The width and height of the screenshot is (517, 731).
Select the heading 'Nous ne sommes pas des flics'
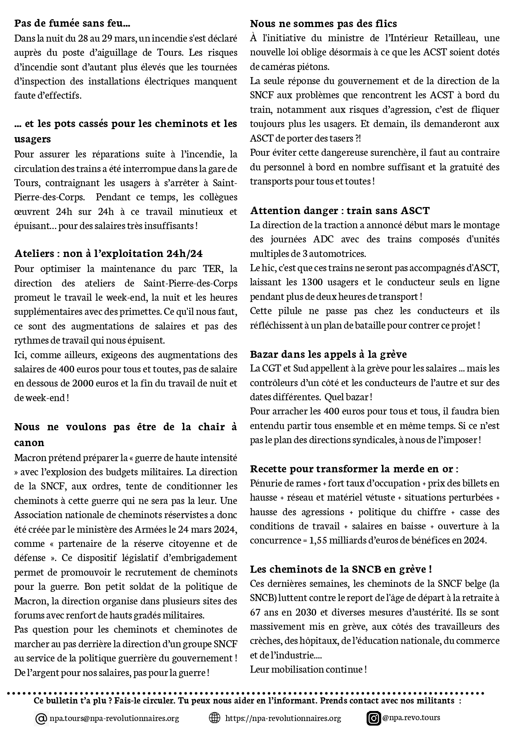[323, 23]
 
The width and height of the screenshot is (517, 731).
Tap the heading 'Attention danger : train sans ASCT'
[340, 210]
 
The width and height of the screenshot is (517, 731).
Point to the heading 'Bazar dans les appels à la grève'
[328, 354]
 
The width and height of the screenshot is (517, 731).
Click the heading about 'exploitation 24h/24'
[108, 253]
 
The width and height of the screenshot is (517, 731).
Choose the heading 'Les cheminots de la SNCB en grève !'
[341, 569]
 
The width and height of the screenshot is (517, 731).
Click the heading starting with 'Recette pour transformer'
[354, 469]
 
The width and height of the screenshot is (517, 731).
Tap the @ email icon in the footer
[41, 719]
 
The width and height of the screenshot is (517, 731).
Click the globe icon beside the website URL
[214, 718]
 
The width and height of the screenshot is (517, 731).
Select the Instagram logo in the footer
[374, 718]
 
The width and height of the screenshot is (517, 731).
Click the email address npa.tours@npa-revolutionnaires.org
[114, 718]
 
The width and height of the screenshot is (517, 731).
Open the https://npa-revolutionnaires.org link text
[283, 718]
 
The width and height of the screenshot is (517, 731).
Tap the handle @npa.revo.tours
[411, 717]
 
